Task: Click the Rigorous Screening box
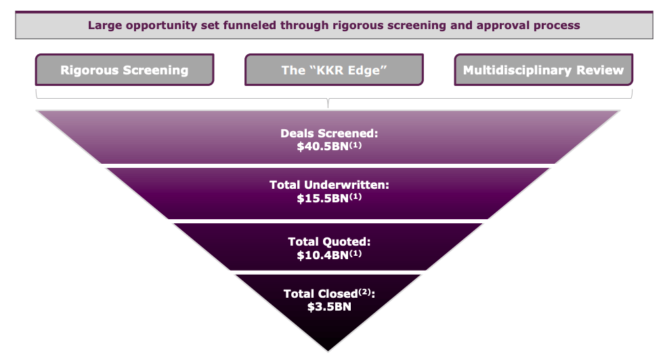(x=125, y=70)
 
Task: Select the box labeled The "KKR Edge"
(x=334, y=70)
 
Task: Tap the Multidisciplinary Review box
(x=543, y=70)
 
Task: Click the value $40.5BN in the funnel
(x=322, y=145)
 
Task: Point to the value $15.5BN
(x=322, y=200)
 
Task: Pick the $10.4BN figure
(x=322, y=255)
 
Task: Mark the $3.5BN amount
(x=329, y=306)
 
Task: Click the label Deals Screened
(x=329, y=133)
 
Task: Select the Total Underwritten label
(x=329, y=185)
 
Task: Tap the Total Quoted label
(x=329, y=241)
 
